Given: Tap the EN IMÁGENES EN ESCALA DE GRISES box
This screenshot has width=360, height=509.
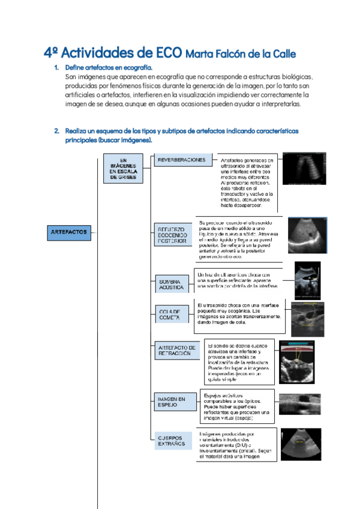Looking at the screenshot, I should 123,169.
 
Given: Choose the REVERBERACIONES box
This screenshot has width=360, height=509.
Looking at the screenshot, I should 181,160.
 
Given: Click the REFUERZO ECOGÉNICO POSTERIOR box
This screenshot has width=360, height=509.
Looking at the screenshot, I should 172,235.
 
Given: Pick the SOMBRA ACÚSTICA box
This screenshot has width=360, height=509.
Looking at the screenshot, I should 171,285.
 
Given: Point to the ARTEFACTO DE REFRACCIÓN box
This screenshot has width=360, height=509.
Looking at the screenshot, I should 176,351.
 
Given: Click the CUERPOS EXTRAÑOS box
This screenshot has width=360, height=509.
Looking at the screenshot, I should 171,441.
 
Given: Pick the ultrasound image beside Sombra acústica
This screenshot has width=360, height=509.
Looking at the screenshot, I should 307,280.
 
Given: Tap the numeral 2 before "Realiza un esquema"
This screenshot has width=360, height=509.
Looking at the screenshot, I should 56,130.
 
